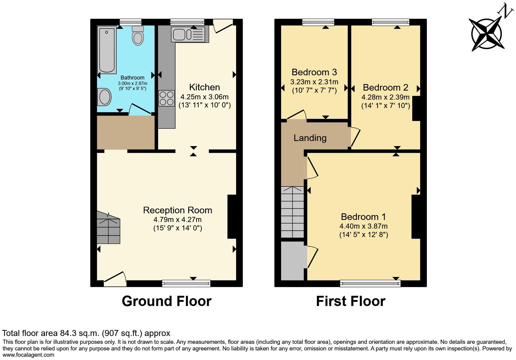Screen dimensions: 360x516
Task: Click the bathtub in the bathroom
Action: pos(107,50)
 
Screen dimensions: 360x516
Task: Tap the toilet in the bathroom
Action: pos(138,36)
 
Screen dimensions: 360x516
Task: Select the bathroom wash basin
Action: pos(104,97)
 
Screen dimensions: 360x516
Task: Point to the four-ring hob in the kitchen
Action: pos(166,98)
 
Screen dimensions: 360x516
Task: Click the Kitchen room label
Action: pos(204,87)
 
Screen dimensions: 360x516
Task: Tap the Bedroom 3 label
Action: pos(314,72)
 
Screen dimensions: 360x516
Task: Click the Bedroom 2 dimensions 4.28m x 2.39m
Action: pos(385,97)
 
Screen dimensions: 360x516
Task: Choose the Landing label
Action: pos(310,138)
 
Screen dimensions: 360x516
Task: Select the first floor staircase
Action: pos(292,212)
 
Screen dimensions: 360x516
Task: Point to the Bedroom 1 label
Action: pos(363,217)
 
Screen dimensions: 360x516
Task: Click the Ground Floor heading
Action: pos(166,301)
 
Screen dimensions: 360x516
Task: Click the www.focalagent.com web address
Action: pos(28,355)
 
